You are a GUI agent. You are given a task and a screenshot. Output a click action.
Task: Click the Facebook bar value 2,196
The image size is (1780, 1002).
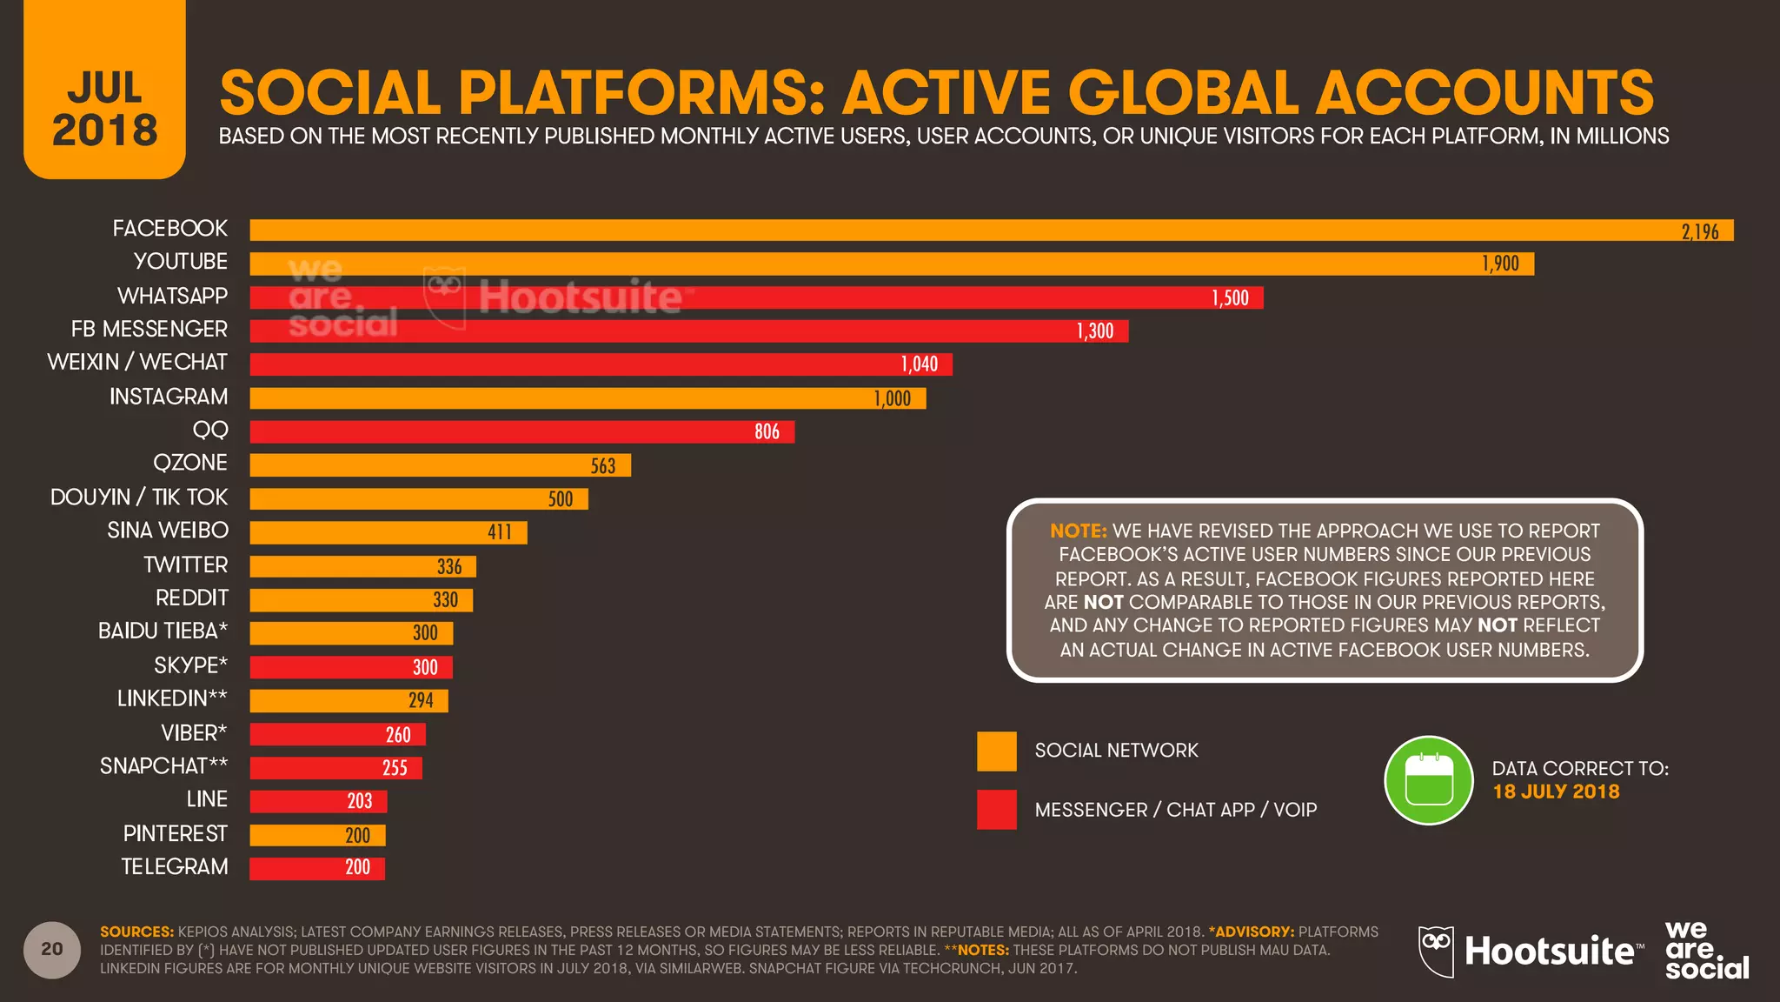pyautogui.click(x=1699, y=231)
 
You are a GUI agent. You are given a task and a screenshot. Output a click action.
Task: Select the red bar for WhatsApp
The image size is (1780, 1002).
pyautogui.click(x=756, y=297)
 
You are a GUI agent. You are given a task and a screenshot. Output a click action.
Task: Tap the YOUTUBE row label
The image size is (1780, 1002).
pyautogui.click(x=180, y=262)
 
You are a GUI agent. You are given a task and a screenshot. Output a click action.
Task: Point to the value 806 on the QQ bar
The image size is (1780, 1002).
pyautogui.click(x=767, y=431)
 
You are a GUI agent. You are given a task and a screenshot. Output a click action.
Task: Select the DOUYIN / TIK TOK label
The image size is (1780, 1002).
pyautogui.click(x=139, y=498)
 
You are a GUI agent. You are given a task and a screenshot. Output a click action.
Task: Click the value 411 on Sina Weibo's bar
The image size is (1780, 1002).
pyautogui.click(x=499, y=532)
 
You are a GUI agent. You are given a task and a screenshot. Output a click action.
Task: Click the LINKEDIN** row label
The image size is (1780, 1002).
pyautogui.click(x=172, y=698)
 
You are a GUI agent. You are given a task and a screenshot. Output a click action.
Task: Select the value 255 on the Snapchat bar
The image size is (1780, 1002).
pyautogui.click(x=395, y=768)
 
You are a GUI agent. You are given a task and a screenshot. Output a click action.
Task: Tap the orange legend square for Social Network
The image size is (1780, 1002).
pyautogui.click(x=996, y=751)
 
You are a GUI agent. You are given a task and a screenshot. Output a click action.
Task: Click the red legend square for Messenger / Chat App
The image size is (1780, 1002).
pyautogui.click(x=996, y=809)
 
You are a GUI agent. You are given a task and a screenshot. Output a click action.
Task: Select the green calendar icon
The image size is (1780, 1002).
pyautogui.click(x=1428, y=780)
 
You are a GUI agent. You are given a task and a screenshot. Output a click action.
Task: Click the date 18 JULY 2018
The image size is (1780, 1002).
pyautogui.click(x=1556, y=792)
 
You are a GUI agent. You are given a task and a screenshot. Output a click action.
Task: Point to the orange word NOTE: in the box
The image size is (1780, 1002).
pyautogui.click(x=1078, y=531)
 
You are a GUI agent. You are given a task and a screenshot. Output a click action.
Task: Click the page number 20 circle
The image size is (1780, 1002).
pyautogui.click(x=52, y=949)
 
